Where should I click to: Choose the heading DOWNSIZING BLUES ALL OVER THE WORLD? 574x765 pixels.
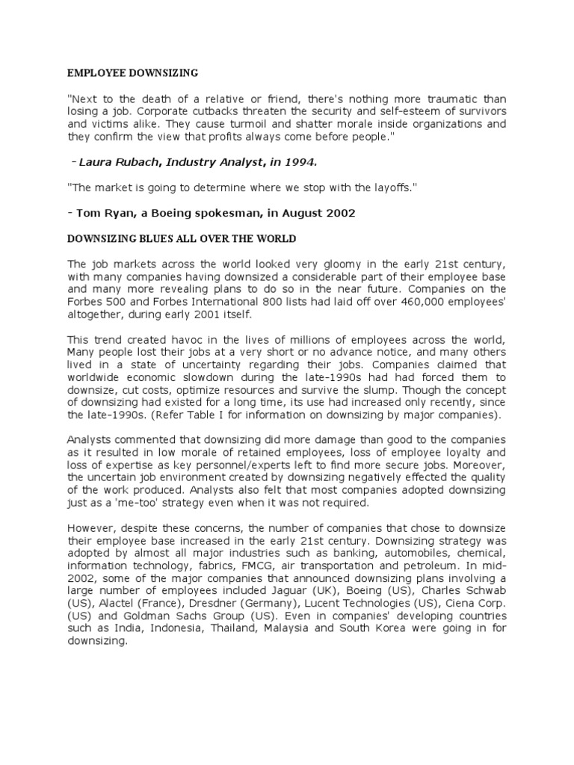182,238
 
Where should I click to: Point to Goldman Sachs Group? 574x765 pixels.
166,616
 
